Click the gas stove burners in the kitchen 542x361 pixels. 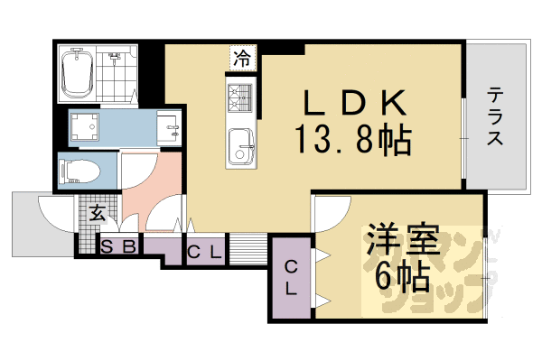coord(240,97)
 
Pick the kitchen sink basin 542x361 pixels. coord(241,143)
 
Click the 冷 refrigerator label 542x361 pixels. coord(242,60)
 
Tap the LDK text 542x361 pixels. coord(351,101)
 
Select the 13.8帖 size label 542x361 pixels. coord(351,140)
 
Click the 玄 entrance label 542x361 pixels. coord(96,214)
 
